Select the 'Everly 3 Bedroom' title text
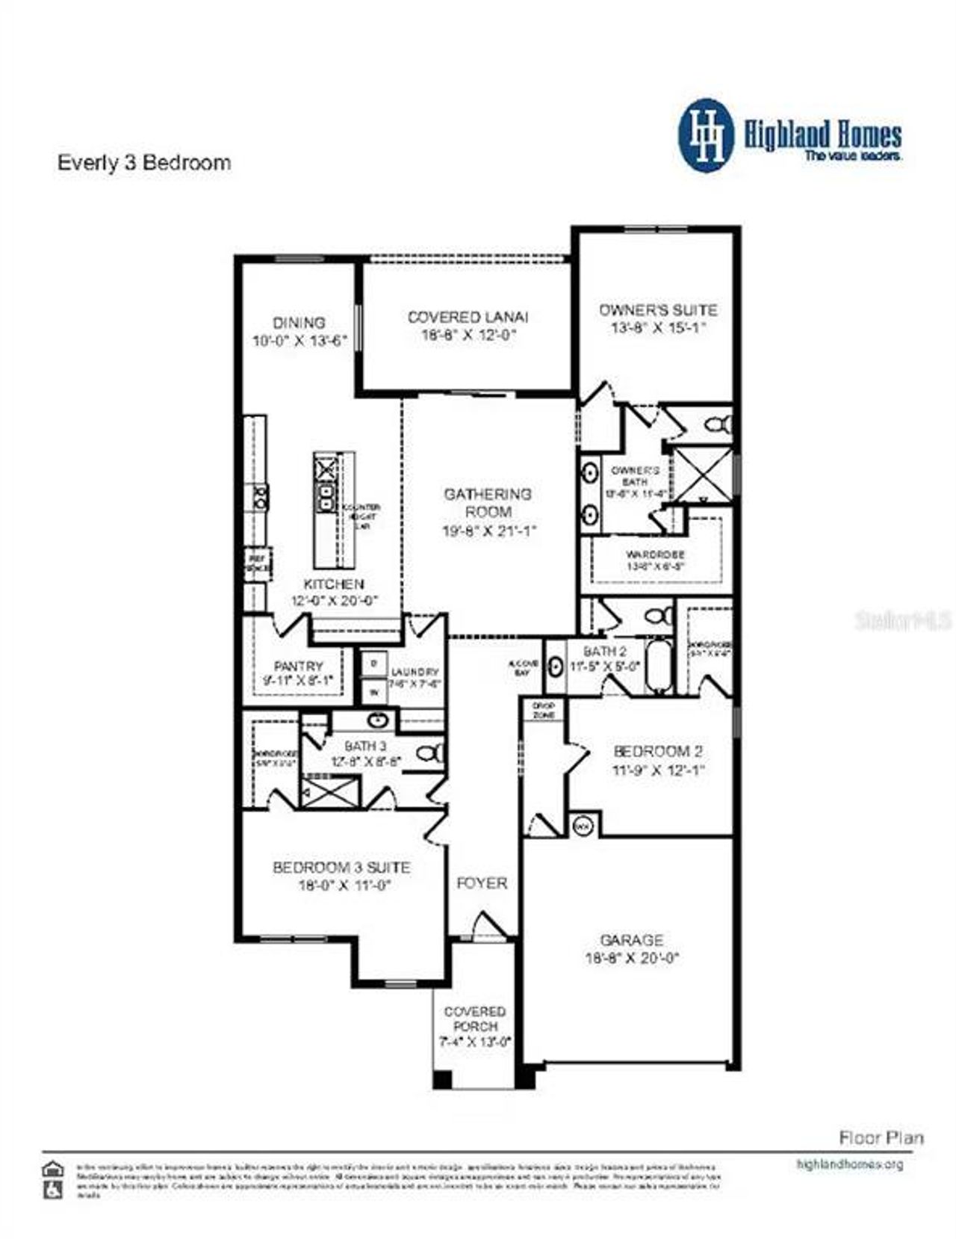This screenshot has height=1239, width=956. tap(144, 163)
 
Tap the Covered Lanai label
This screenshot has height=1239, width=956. tap(468, 318)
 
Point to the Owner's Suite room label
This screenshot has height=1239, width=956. tap(657, 310)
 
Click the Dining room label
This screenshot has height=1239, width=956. tap(299, 323)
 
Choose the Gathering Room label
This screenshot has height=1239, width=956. tap(488, 503)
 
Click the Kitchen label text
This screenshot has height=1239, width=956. tap(333, 584)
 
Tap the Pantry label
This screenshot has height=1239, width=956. tap(298, 666)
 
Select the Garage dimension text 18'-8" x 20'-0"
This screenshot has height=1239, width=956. tap(632, 958)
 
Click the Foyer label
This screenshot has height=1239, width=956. tap(482, 883)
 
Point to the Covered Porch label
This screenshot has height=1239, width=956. tap(474, 1019)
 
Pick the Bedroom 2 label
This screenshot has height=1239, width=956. tap(657, 752)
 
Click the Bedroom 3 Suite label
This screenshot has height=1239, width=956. tap(341, 868)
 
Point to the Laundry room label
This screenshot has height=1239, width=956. tap(415, 672)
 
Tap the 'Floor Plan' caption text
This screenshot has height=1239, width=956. tap(881, 1138)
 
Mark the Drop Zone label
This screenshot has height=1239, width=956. tap(543, 710)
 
